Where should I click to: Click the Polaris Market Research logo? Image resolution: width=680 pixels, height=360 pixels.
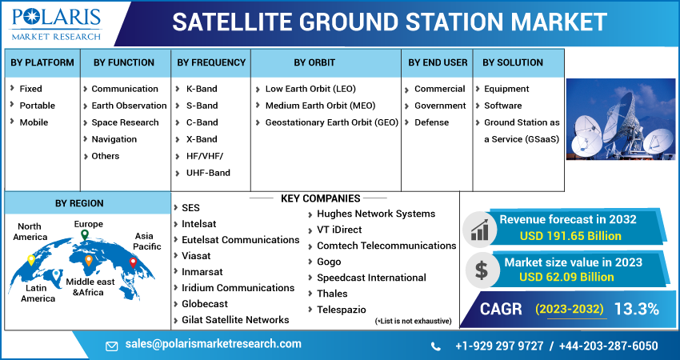56,24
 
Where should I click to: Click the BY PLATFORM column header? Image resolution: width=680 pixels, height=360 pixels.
42,62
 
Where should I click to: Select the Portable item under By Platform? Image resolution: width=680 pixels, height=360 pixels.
38,106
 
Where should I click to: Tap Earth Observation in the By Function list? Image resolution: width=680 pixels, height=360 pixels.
129,106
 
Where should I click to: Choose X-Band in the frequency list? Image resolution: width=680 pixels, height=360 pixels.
201,139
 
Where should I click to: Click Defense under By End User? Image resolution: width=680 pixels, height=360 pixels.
431,122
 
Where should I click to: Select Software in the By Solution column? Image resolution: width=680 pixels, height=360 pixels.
502,106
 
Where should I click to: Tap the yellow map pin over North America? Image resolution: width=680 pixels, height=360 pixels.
31,259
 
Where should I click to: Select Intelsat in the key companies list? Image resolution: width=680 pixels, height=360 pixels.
199,223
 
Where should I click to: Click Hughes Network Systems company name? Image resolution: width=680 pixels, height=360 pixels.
376,214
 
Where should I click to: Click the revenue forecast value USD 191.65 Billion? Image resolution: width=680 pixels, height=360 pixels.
570,236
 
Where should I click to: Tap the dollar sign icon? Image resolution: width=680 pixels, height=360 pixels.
481,269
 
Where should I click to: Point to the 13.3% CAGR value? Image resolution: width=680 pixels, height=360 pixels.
636,309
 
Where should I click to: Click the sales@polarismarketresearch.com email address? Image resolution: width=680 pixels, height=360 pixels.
214,344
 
